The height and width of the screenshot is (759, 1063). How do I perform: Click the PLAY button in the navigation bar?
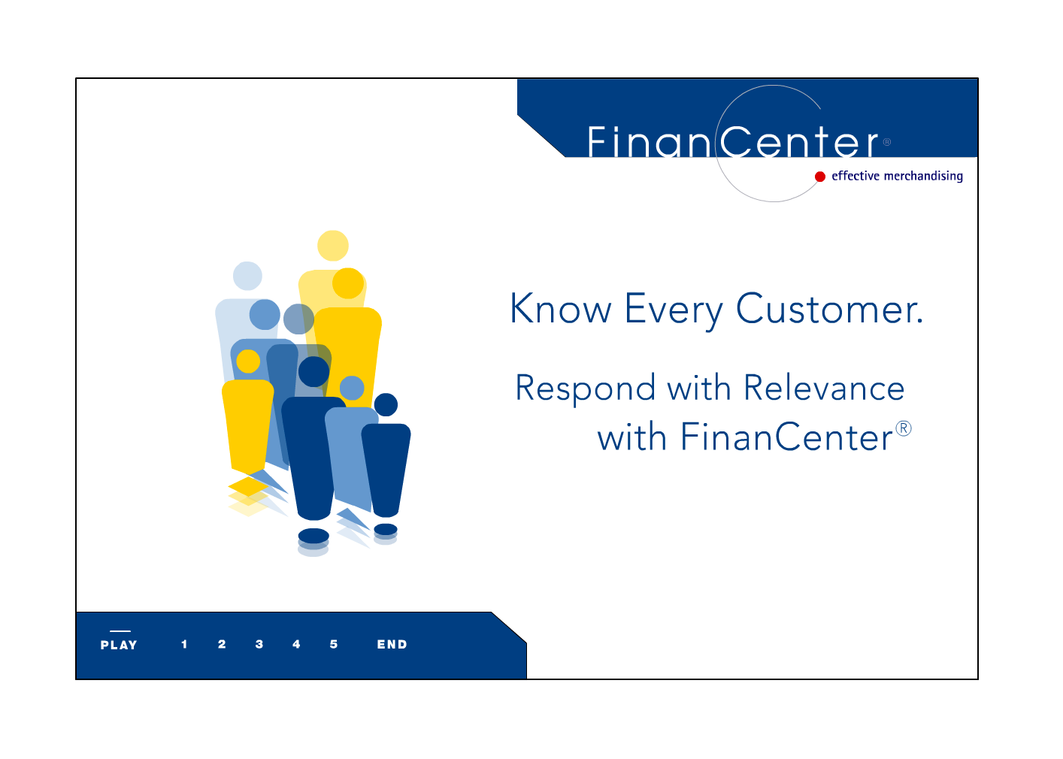point(119,645)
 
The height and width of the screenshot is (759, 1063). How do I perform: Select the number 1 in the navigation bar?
point(184,644)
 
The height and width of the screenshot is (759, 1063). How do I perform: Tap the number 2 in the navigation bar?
point(222,644)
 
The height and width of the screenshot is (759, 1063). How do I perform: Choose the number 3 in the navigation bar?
point(259,644)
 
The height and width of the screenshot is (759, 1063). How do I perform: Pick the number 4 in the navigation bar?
point(296,644)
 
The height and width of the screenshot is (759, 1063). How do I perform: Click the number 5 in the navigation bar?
point(334,644)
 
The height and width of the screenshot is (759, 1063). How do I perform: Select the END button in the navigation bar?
point(392,644)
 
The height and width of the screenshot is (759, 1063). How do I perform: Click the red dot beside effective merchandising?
point(820,177)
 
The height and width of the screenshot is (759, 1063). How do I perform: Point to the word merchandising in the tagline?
point(923,176)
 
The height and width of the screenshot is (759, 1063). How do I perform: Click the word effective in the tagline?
point(856,176)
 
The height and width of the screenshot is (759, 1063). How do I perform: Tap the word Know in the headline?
point(561,309)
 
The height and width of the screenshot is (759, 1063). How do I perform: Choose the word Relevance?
point(824,388)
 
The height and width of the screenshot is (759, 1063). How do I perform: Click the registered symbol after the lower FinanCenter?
point(904,428)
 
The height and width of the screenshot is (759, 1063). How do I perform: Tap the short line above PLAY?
point(120,631)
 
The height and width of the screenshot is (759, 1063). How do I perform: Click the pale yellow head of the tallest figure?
point(332,245)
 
